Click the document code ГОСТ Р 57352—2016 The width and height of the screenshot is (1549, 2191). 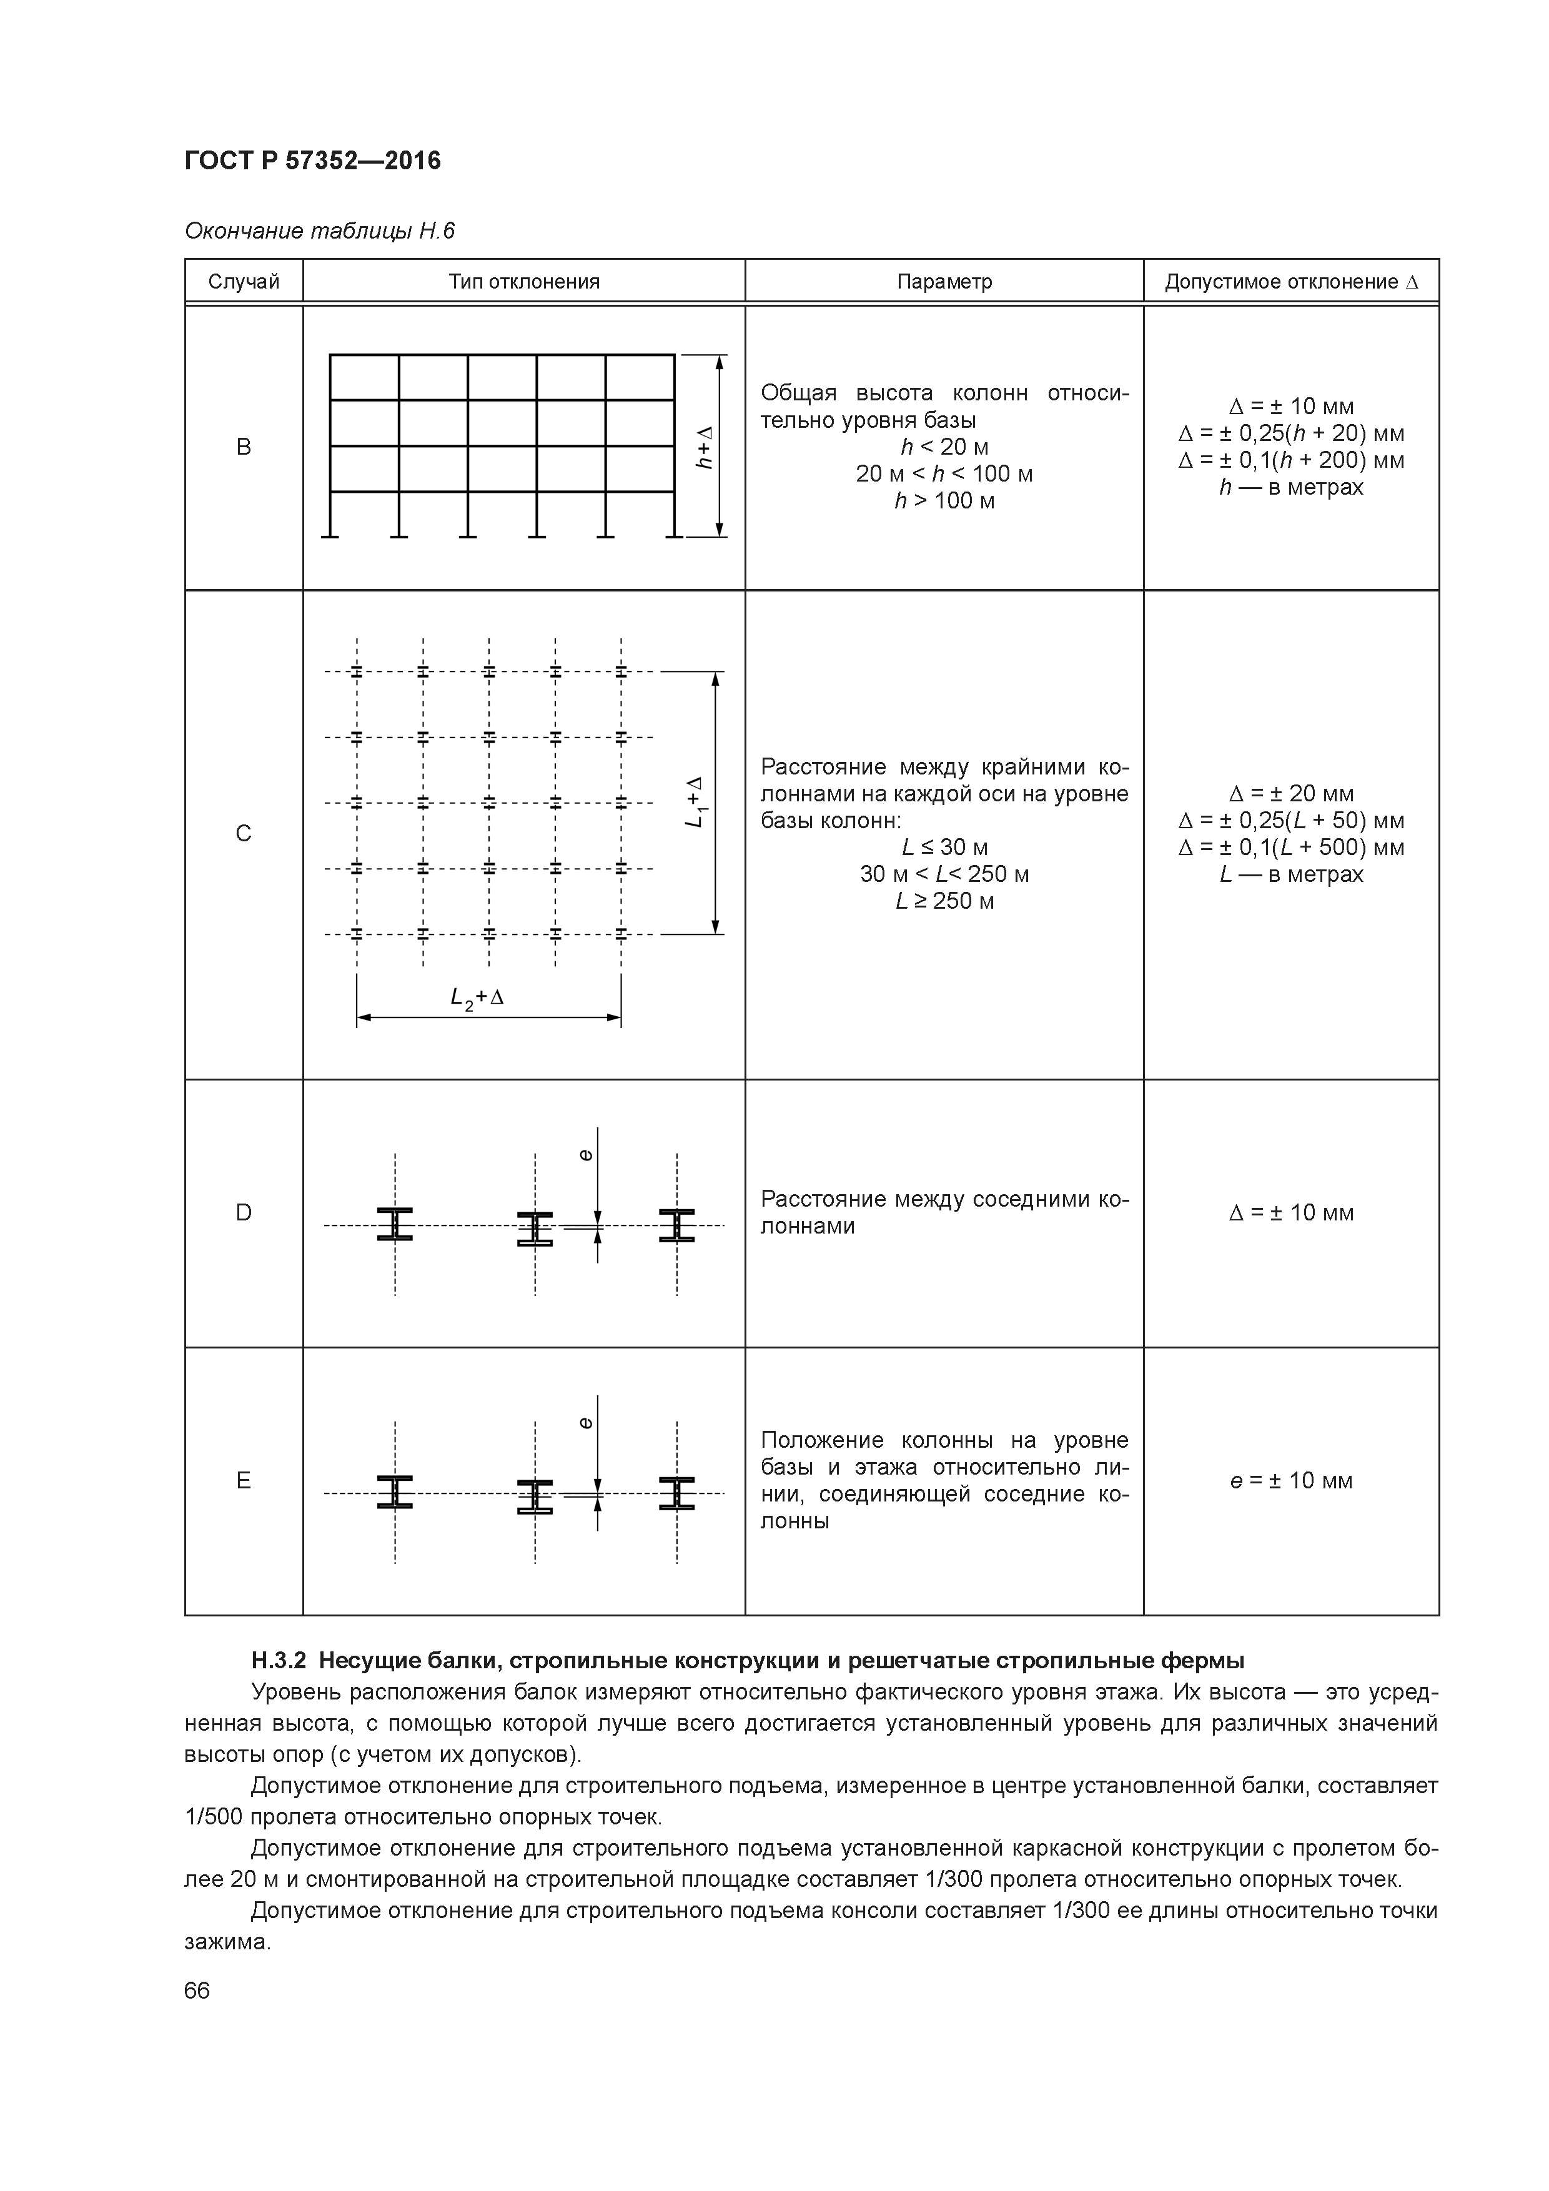pos(312,161)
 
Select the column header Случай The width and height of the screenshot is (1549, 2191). pos(244,282)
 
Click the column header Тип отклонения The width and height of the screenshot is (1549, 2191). pos(524,282)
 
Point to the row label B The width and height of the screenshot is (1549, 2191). pos(244,447)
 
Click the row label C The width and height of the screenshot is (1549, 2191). pos(244,834)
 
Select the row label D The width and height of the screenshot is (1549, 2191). pos(244,1213)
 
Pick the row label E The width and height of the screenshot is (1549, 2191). pos(244,1480)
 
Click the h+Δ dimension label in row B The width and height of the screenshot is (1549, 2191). pos(705,447)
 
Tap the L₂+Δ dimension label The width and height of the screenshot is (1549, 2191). pos(477,997)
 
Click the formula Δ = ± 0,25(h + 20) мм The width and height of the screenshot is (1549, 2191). pos(1291,433)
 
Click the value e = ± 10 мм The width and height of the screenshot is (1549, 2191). pos(1291,1480)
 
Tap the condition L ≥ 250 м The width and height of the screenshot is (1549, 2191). pos(944,901)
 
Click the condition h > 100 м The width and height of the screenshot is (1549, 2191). pos(944,500)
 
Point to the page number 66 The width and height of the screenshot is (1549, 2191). pos(197,1991)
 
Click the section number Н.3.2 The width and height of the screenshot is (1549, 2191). pos(278,1661)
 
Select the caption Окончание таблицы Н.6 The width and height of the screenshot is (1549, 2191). pos(320,231)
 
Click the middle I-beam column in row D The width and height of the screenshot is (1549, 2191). pos(535,1228)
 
